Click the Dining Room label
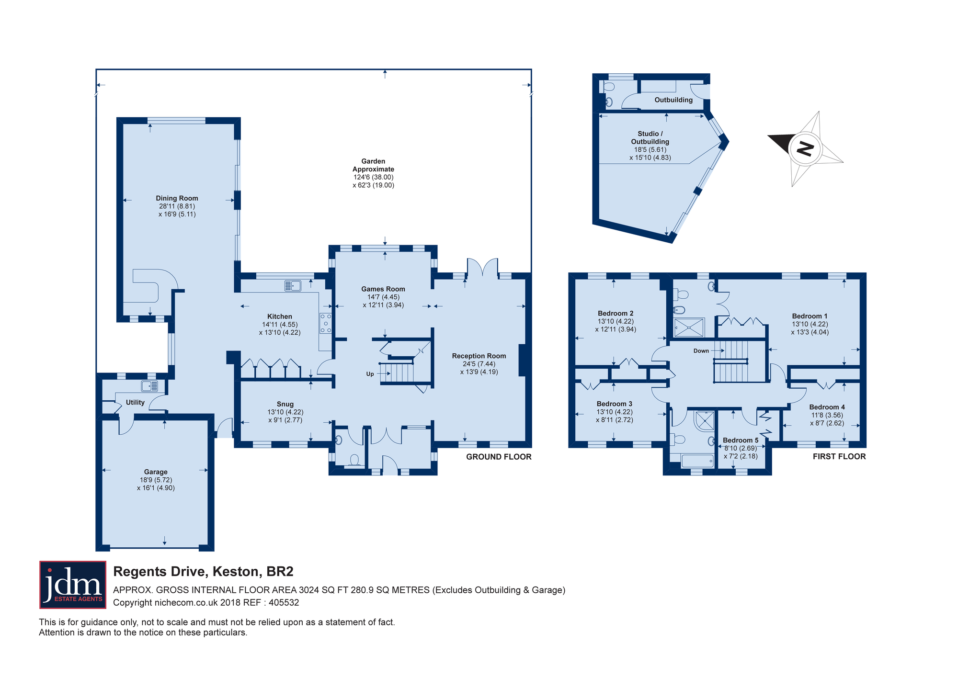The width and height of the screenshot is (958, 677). pyautogui.click(x=177, y=198)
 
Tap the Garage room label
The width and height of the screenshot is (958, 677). pyautogui.click(x=156, y=472)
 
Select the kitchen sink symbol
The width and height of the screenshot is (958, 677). pyautogui.click(x=293, y=286)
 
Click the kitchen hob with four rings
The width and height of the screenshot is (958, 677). pyautogui.click(x=326, y=323)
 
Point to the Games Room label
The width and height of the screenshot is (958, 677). pyautogui.click(x=383, y=289)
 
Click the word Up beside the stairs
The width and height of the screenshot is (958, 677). pyautogui.click(x=370, y=374)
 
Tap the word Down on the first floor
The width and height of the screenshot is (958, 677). pyautogui.click(x=701, y=351)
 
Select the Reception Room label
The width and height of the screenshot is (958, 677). pyautogui.click(x=479, y=356)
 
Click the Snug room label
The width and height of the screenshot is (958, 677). pyautogui.click(x=285, y=404)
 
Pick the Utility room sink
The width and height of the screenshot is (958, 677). pyautogui.click(x=149, y=386)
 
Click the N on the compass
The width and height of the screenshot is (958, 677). pyautogui.click(x=805, y=149)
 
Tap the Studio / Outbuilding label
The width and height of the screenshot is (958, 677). pyautogui.click(x=650, y=137)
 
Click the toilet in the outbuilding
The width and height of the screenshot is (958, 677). pyautogui.click(x=608, y=87)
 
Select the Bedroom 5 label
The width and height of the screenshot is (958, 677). pyautogui.click(x=741, y=440)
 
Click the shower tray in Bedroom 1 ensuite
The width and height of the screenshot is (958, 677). pyautogui.click(x=689, y=328)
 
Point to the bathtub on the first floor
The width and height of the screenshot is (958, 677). pyautogui.click(x=697, y=461)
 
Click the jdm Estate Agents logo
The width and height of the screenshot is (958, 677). pyautogui.click(x=73, y=585)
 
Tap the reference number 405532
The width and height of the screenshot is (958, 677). pyautogui.click(x=284, y=603)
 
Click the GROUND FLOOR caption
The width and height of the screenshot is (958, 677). pyautogui.click(x=499, y=457)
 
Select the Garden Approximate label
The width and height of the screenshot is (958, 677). pyautogui.click(x=373, y=165)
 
